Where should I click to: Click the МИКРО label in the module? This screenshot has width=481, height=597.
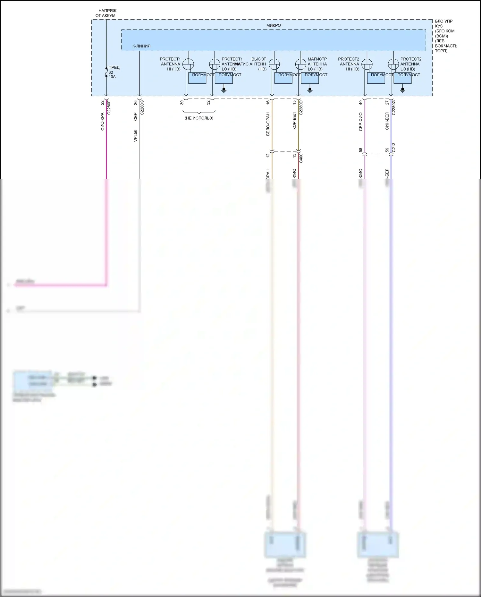click(x=274, y=25)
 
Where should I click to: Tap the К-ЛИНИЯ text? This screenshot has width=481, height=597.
click(x=141, y=46)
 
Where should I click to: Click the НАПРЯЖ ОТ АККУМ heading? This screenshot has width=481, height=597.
click(x=106, y=13)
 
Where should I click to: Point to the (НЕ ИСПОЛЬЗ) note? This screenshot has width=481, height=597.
click(x=199, y=118)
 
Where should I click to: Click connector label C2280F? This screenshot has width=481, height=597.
click(x=109, y=108)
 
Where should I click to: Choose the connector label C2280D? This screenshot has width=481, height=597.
click(x=301, y=108)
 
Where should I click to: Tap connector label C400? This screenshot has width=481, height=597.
click(x=301, y=158)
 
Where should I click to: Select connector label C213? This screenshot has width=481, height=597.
click(x=393, y=147)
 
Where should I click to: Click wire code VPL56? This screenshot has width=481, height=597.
click(x=136, y=136)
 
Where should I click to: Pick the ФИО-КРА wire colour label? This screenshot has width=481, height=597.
click(x=102, y=122)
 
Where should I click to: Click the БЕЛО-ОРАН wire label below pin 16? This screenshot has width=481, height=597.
click(x=268, y=124)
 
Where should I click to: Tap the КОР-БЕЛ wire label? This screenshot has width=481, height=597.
click(x=294, y=121)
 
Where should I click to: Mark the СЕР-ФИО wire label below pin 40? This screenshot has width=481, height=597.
click(x=361, y=122)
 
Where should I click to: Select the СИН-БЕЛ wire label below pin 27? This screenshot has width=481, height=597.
click(x=387, y=121)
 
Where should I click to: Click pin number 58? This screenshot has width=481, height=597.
click(x=361, y=150)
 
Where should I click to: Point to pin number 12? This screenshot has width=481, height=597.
click(x=268, y=155)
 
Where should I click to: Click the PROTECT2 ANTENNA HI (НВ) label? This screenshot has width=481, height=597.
click(x=349, y=64)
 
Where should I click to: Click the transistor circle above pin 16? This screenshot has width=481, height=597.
click(x=274, y=64)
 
